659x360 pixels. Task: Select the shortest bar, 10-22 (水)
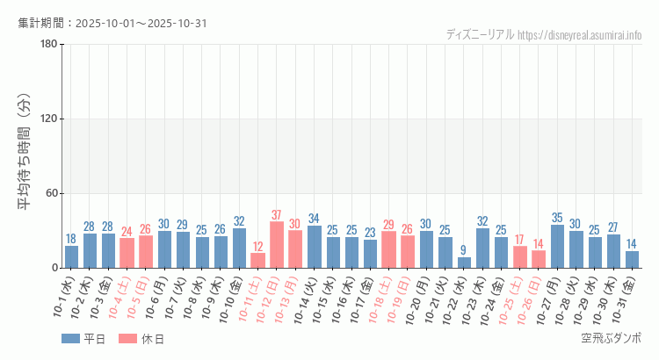pos(464,263)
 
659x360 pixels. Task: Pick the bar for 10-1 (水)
pos(71,256)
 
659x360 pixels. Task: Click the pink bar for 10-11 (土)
pos(257,260)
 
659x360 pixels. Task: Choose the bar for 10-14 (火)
pos(315,247)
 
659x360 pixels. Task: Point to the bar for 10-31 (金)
pos(633,259)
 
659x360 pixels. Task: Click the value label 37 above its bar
pos(277,215)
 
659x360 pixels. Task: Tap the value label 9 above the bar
pos(464,250)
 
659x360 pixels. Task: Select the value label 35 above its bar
pos(558,218)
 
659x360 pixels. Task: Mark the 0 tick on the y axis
pos(54,268)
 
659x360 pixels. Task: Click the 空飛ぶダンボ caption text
pos(612,338)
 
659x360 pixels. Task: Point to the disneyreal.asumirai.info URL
pos(580,35)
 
